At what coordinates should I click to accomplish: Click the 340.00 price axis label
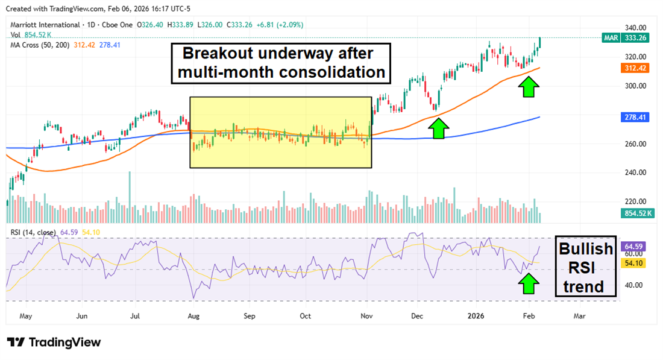[636, 28]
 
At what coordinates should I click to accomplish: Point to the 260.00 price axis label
[636, 144]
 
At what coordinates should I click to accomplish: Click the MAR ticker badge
[610, 38]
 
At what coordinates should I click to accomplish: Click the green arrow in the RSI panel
[529, 283]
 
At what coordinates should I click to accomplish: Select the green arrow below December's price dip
[439, 128]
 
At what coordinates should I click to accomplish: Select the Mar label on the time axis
[579, 315]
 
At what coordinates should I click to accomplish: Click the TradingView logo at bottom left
[54, 342]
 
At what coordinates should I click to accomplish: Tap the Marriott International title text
[46, 25]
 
